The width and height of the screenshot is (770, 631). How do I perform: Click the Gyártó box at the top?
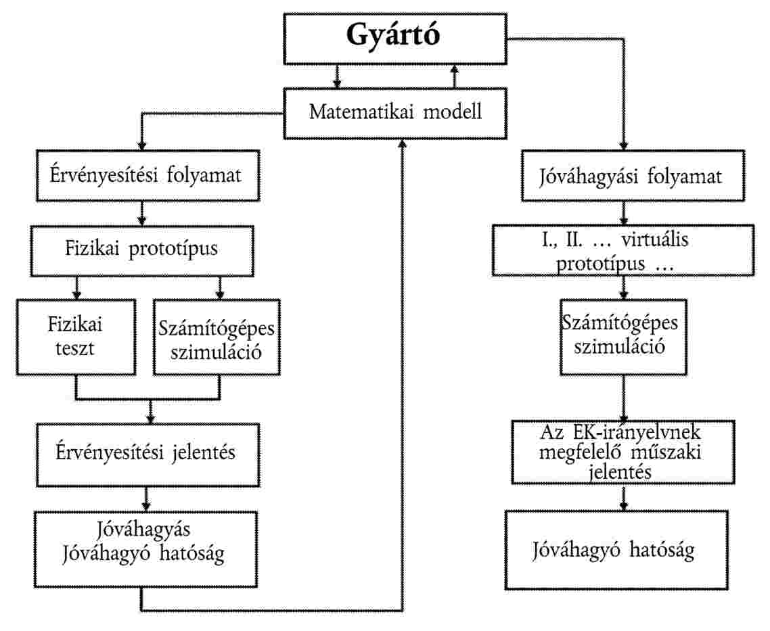(395, 39)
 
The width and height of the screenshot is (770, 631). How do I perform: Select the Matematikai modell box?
(395, 114)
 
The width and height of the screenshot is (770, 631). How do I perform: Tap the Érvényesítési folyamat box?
(148, 176)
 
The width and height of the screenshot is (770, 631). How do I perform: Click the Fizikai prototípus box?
(142, 251)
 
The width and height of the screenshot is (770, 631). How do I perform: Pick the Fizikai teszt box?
(76, 337)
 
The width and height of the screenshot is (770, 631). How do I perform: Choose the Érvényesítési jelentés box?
(148, 455)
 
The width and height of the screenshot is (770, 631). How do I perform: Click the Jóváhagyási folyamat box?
(633, 176)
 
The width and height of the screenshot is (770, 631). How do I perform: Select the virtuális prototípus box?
(623, 250)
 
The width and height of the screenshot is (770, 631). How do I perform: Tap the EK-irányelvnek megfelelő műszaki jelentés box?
(623, 452)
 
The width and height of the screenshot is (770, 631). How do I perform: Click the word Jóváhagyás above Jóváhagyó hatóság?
(143, 530)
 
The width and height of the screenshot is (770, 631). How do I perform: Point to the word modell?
(452, 112)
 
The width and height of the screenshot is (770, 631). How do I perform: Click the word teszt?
(74, 348)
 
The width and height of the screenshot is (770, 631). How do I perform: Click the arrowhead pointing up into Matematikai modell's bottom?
(403, 143)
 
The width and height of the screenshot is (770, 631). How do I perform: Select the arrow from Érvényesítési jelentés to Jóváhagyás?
(146, 499)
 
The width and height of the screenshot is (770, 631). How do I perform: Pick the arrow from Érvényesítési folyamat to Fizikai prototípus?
(142, 214)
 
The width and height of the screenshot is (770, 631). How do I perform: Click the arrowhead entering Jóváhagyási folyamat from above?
(624, 146)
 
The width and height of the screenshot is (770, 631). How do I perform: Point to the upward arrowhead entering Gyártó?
(455, 69)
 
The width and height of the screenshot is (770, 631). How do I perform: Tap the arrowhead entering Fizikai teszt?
(76, 295)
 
